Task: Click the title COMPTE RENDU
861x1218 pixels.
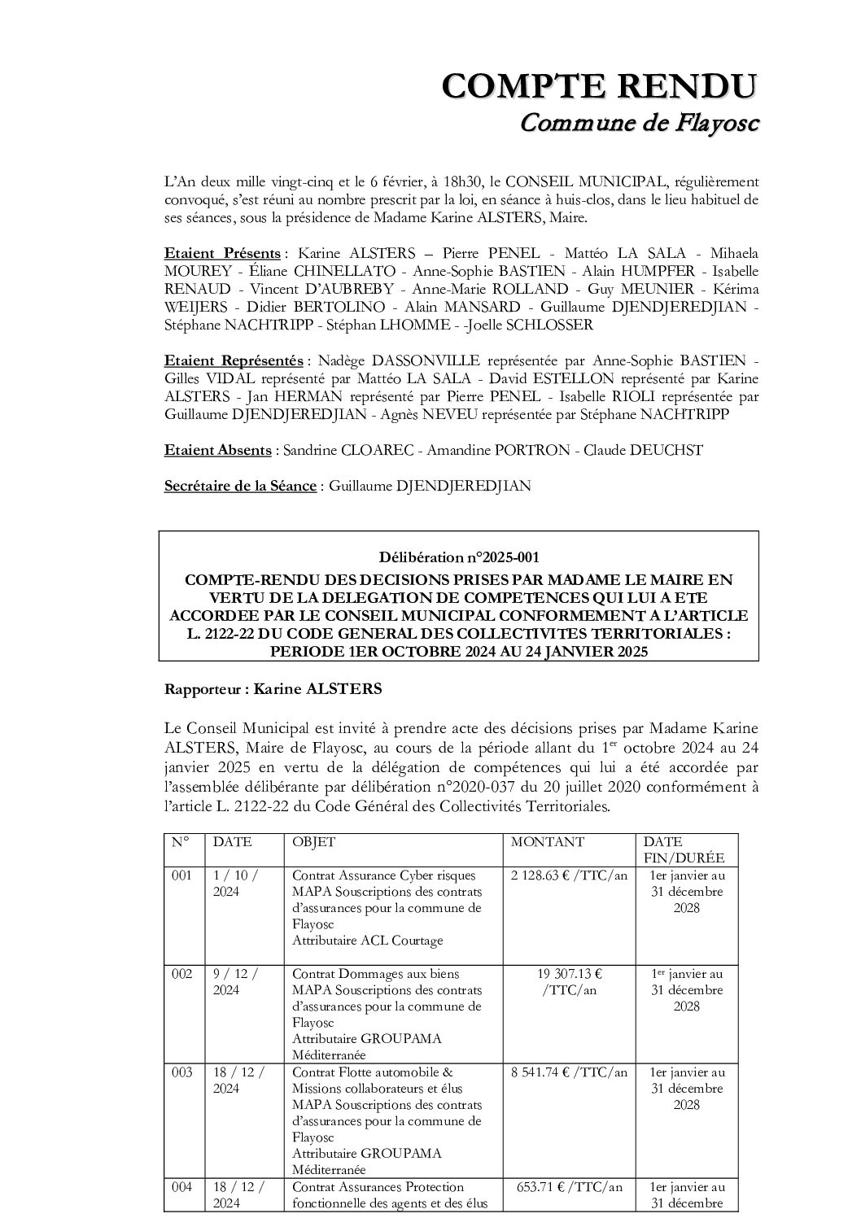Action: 600,86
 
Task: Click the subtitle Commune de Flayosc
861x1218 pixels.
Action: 639,123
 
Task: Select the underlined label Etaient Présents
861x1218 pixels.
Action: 222,253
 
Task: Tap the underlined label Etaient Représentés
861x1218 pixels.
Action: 234,360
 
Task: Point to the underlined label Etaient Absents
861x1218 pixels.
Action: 218,450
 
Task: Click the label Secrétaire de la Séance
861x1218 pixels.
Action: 240,486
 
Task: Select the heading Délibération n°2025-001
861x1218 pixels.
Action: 459,557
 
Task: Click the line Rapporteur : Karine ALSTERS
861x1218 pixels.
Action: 273,689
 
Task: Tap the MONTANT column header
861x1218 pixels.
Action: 547,842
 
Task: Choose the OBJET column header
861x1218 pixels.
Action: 313,842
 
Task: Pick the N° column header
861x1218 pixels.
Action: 180,842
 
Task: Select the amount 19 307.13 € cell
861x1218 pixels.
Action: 569,973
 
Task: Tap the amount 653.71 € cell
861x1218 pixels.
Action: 569,1187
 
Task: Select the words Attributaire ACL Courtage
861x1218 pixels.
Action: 367,941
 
